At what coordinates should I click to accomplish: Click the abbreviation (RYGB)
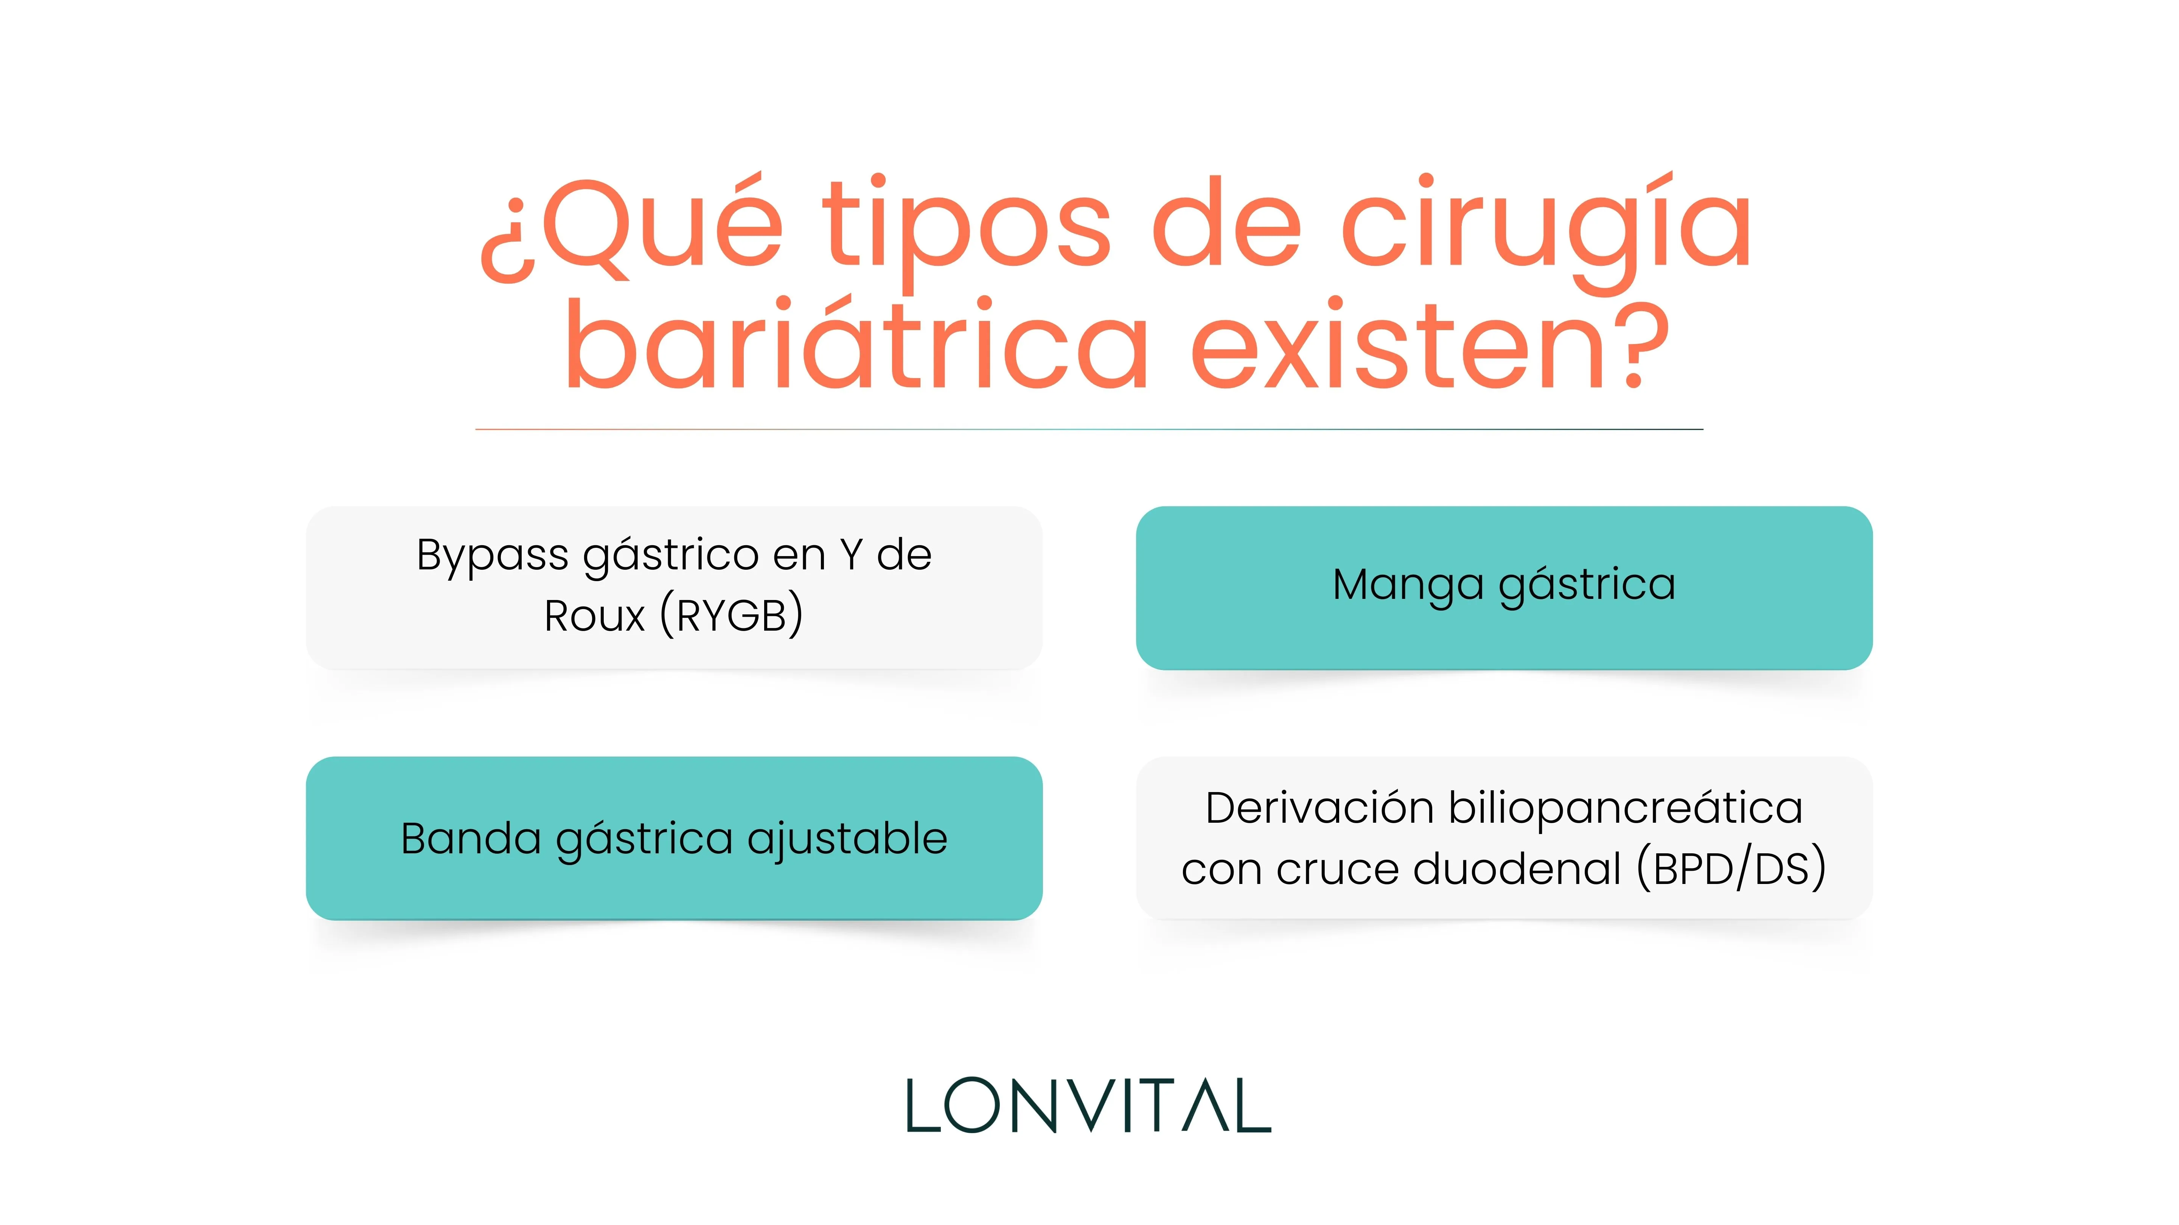(732, 616)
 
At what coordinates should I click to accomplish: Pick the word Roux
(595, 616)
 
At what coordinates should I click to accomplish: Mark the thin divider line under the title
(1089, 430)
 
